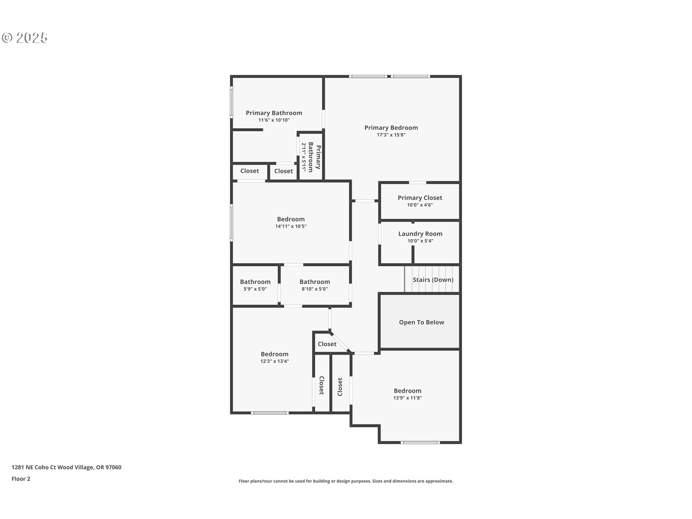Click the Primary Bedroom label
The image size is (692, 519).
[391, 128]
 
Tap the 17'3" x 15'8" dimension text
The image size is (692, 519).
[391, 135]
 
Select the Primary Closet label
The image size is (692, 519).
[420, 198]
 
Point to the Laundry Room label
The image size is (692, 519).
[420, 234]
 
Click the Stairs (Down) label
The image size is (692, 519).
[433, 280]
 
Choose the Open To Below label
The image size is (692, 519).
[421, 322]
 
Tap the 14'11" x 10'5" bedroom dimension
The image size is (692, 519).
[291, 227]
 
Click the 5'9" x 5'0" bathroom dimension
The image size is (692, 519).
[255, 289]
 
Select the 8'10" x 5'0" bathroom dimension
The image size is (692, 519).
[315, 289]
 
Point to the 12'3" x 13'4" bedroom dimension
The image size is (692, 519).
[275, 361]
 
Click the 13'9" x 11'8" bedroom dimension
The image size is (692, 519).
[407, 398]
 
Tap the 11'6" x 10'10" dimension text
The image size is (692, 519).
[274, 120]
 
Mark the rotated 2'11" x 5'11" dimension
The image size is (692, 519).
[304, 157]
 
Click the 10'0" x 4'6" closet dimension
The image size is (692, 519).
[420, 205]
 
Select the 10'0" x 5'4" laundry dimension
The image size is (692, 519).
[420, 241]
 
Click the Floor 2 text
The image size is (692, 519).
[21, 479]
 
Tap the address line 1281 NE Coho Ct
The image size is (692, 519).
[66, 467]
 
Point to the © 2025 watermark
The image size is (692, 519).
[25, 37]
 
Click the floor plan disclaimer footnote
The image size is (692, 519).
[346, 481]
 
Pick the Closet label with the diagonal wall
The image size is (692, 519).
[327, 344]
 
